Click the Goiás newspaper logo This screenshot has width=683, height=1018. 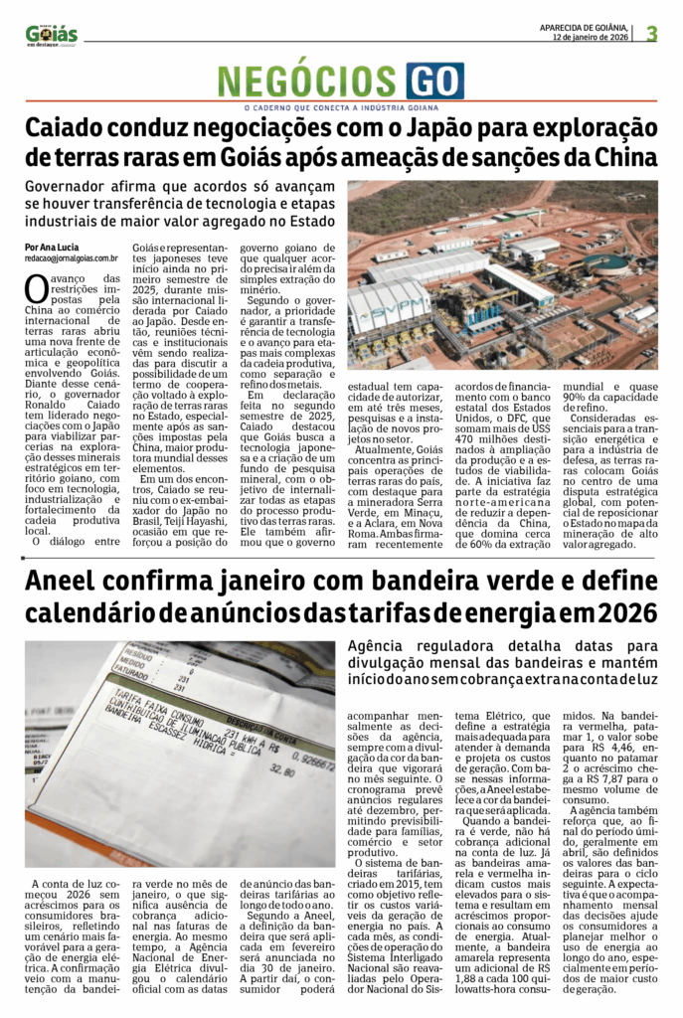click(x=51, y=33)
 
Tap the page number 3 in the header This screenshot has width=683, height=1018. click(x=651, y=34)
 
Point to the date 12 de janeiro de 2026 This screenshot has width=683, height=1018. click(x=591, y=38)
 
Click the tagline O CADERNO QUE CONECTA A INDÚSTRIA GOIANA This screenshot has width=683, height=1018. click(x=341, y=107)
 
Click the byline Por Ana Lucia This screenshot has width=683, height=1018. click(x=52, y=247)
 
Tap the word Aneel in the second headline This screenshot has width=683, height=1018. click(x=64, y=582)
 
